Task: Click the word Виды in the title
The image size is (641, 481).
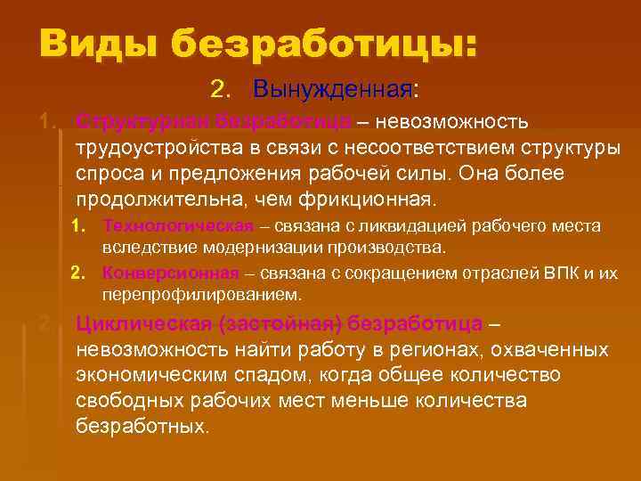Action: click(96, 43)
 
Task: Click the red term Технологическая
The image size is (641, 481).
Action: click(178, 226)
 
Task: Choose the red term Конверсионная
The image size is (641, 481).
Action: click(171, 273)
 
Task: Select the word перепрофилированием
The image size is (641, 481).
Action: click(201, 293)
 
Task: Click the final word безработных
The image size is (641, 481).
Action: click(142, 426)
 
